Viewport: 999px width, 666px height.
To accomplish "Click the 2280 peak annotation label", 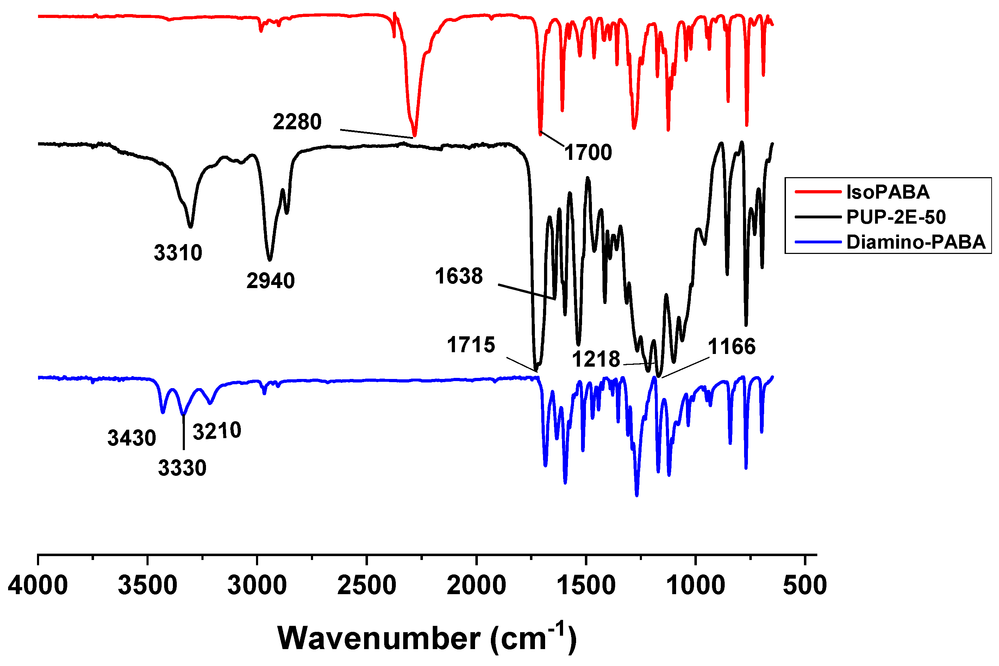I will [x=297, y=122].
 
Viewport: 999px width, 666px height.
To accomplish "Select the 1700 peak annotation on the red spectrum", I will [x=588, y=153].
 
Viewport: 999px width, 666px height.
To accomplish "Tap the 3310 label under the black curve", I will [x=178, y=253].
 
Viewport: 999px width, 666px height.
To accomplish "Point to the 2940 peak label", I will [x=270, y=281].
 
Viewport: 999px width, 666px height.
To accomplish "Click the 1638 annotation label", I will [x=458, y=276].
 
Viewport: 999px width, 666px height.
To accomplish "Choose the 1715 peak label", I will [x=470, y=344].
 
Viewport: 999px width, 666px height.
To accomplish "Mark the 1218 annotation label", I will [x=596, y=359].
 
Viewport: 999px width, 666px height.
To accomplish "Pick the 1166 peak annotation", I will [x=731, y=347].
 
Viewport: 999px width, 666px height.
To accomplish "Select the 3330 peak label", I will [x=182, y=468].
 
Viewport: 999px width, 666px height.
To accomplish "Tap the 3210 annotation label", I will [x=217, y=431].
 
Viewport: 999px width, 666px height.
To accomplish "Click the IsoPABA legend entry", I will [x=887, y=192].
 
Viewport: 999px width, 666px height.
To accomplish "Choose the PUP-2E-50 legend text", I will [x=896, y=217].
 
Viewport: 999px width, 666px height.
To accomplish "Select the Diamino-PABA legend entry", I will [x=915, y=242].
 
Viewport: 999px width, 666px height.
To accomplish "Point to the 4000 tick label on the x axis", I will [x=38, y=585].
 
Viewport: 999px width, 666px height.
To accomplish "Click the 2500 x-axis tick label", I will [x=367, y=585].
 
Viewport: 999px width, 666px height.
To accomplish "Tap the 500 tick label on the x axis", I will [x=805, y=585].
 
